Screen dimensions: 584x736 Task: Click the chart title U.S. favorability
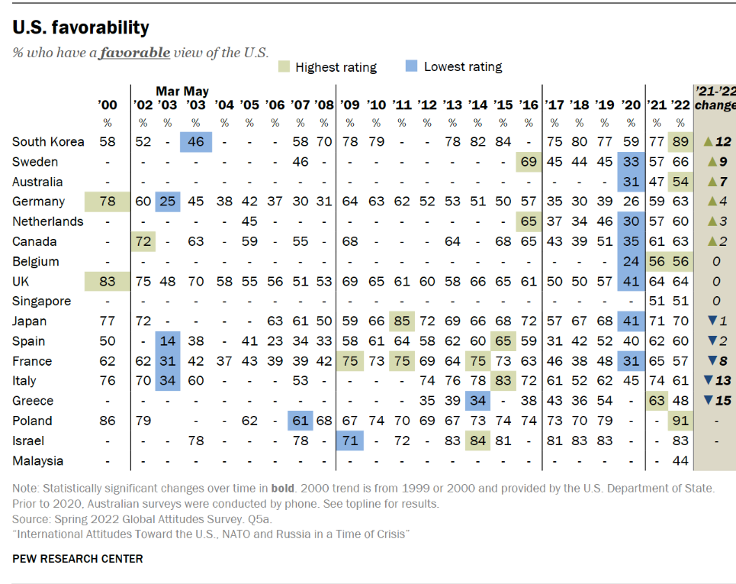[81, 28]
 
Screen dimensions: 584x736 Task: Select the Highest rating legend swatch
[284, 66]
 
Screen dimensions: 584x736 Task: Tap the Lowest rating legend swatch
[412, 66]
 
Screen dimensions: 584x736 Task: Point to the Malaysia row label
[38, 460]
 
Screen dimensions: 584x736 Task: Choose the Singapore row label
[42, 301]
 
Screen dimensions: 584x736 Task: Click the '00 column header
[108, 105]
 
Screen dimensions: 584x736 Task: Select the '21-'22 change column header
[715, 98]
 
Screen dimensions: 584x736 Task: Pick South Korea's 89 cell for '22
[680, 142]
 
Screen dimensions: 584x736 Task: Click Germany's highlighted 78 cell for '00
[108, 202]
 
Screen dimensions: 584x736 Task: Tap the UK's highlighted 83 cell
[108, 281]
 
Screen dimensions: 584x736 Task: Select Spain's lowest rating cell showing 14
[168, 340]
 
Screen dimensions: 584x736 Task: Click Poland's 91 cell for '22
[680, 421]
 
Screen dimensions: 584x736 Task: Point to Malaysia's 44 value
[680, 460]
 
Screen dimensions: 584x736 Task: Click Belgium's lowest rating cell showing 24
[631, 261]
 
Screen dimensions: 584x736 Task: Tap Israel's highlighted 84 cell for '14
[477, 440]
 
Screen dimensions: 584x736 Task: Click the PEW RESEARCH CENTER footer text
[78, 559]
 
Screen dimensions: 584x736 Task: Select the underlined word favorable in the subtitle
[134, 53]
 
